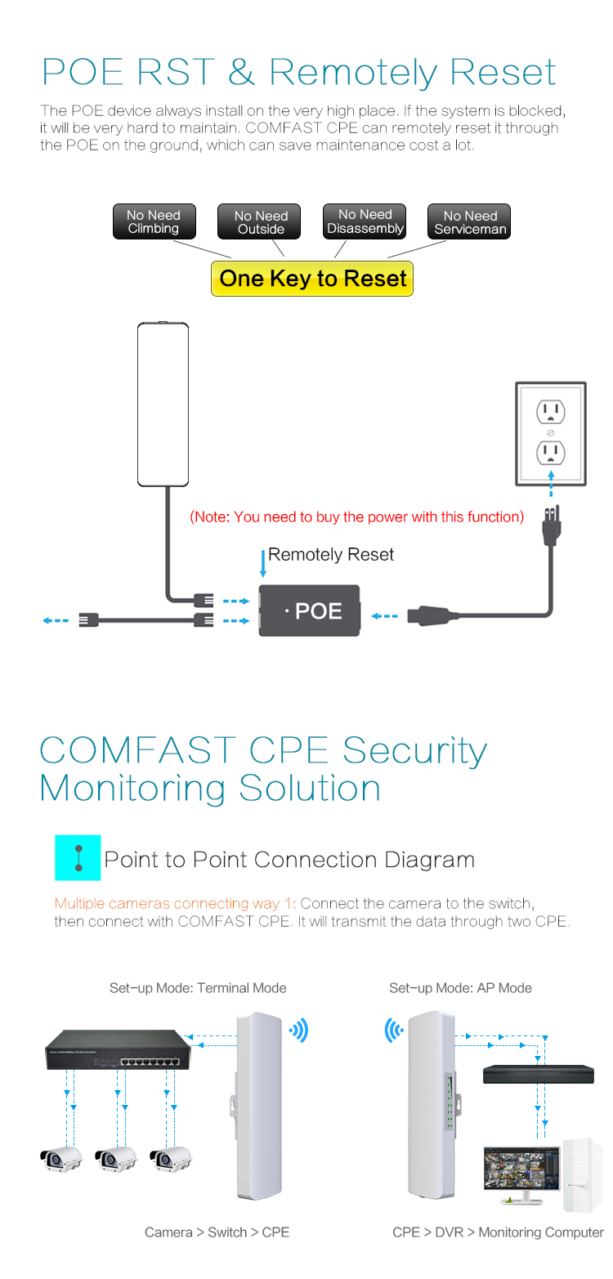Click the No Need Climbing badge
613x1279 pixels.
tap(154, 222)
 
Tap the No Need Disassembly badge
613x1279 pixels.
tap(365, 221)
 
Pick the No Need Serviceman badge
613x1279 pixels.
tap(470, 222)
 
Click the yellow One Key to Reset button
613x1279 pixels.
tap(312, 279)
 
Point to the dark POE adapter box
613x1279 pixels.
tap(310, 610)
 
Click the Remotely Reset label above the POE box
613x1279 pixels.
tap(330, 555)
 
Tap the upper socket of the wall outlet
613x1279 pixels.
tap(551, 412)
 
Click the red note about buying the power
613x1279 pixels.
tap(356, 517)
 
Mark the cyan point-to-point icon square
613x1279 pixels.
tap(78, 857)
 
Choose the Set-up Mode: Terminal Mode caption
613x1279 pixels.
tap(198, 988)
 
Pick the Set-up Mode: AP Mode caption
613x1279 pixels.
tap(460, 988)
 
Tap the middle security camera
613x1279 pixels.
tap(115, 1159)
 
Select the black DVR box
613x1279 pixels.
tap(538, 1074)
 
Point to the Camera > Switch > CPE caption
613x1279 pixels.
tap(217, 1232)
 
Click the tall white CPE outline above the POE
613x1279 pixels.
tap(163, 404)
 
